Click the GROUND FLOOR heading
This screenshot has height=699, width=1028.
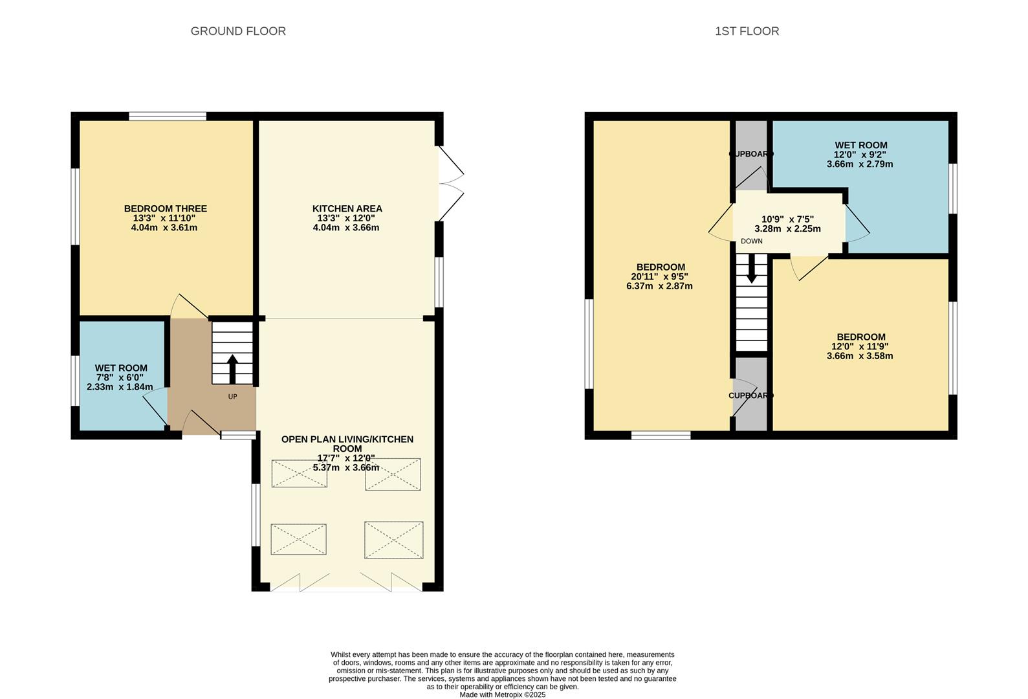[238, 31]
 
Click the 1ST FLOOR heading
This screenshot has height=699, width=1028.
[747, 31]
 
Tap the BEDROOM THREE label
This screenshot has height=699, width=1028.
[165, 208]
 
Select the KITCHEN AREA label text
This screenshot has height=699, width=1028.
[347, 208]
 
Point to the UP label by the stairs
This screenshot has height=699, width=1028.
[233, 396]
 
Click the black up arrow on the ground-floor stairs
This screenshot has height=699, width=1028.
[232, 369]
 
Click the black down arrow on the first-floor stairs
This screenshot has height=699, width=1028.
[752, 268]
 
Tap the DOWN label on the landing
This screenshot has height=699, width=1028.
[752, 241]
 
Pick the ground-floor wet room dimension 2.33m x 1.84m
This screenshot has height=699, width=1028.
[120, 387]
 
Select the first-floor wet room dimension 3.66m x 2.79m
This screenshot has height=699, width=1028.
[860, 164]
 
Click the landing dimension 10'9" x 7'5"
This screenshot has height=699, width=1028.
[787, 219]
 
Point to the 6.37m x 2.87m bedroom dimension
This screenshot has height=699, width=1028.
[659, 286]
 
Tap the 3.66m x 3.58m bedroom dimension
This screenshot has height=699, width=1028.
[860, 356]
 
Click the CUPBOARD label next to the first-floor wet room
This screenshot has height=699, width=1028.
[751, 154]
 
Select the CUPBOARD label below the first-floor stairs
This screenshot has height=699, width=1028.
[751, 395]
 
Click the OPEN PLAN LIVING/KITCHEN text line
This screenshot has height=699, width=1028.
[347, 439]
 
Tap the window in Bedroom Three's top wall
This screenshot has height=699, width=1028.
[168, 116]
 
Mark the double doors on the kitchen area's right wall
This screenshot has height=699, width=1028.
[451, 184]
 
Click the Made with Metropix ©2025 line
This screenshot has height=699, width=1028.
[503, 695]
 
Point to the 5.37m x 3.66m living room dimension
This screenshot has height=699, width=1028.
[346, 468]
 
